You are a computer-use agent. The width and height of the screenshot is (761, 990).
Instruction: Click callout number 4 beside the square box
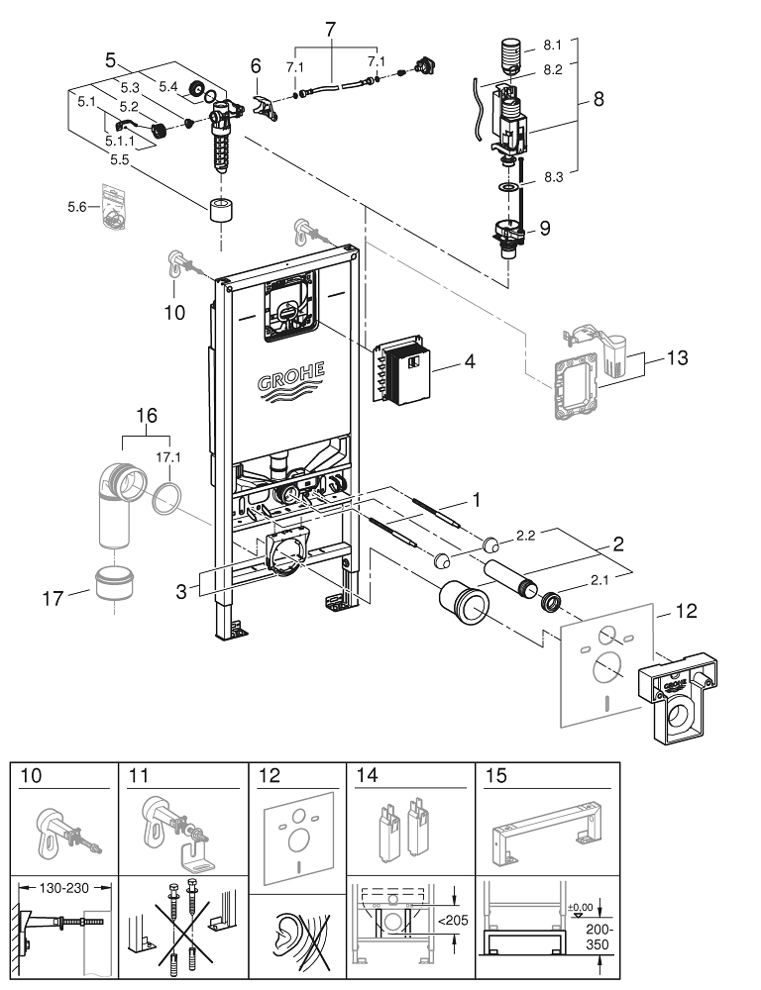[470, 362]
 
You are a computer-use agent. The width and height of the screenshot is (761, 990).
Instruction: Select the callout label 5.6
[77, 207]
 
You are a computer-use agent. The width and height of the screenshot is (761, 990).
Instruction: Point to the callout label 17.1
[169, 457]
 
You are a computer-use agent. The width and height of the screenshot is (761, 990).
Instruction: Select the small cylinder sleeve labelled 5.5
[219, 212]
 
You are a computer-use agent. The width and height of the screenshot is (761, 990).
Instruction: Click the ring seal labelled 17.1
[168, 494]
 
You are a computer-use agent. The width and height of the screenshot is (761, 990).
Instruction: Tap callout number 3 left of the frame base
[181, 590]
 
